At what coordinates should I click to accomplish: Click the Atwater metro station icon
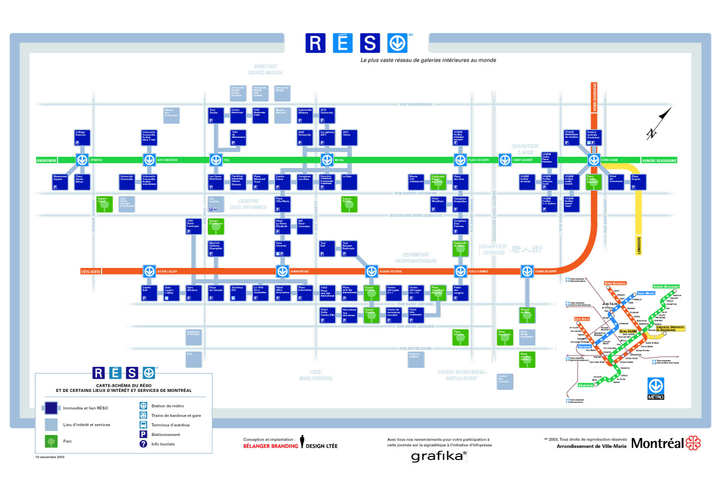tap(82, 160)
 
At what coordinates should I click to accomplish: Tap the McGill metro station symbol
tap(327, 160)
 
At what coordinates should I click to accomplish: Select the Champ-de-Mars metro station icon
tap(527, 271)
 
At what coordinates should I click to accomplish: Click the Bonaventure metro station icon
tap(282, 271)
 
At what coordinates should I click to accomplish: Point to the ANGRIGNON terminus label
tap(46, 160)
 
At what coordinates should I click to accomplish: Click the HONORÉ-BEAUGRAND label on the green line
tap(659, 160)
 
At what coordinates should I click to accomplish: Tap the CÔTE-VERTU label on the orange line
tap(91, 272)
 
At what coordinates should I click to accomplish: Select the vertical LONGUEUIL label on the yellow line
tap(639, 244)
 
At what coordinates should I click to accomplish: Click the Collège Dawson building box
tap(82, 137)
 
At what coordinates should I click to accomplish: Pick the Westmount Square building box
tap(60, 182)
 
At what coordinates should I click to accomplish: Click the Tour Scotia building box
tap(215, 115)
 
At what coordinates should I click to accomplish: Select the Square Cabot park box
tap(104, 204)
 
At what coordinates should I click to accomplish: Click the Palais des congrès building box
tap(460, 293)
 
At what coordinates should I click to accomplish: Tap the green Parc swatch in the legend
tap(51, 441)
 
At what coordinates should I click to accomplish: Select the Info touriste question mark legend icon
tap(143, 444)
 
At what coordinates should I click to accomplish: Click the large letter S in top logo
tap(370, 44)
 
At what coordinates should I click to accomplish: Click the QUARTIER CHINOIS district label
tap(493, 250)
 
